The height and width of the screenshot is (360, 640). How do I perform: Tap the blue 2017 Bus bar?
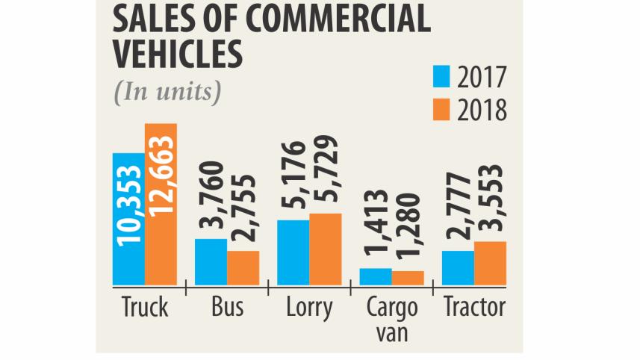click(x=211, y=261)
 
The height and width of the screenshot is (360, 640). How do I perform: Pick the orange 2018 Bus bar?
click(x=243, y=267)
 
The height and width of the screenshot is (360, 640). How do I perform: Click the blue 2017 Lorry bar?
click(x=293, y=252)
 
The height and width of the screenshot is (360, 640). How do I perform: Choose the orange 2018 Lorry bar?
click(x=326, y=249)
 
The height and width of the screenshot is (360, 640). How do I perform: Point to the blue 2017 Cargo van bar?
click(x=376, y=276)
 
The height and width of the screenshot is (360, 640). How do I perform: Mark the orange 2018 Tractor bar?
click(x=490, y=263)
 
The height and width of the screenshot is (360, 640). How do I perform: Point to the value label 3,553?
click(x=491, y=202)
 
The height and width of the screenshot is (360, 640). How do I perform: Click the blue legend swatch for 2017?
click(x=442, y=77)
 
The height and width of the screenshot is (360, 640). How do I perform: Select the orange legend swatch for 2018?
click(x=442, y=110)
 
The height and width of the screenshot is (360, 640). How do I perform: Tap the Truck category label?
click(x=144, y=308)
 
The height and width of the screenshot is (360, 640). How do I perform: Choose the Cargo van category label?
click(x=392, y=319)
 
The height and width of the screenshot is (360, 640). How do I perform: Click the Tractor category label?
click(x=473, y=308)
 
